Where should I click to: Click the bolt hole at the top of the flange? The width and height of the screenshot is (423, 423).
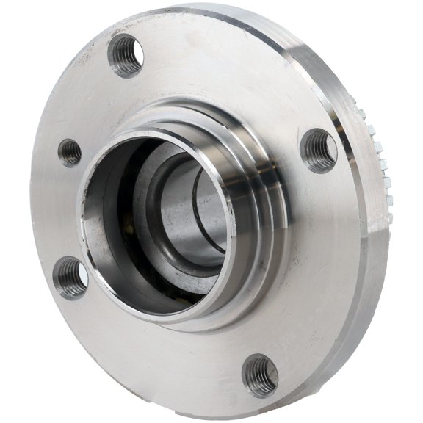coord(126,55)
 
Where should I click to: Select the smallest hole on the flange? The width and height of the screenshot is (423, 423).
coord(70,152)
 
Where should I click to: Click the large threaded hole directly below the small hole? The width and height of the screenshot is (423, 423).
coord(72,278)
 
